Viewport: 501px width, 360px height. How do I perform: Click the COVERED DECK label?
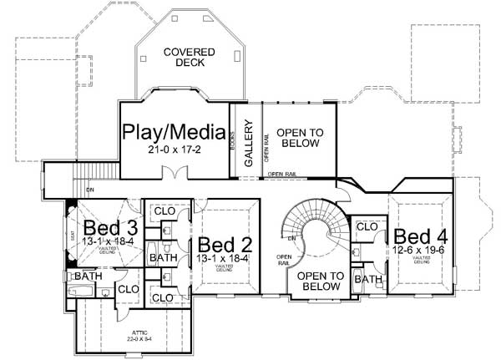click(189, 58)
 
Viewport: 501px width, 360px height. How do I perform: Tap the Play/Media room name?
click(174, 132)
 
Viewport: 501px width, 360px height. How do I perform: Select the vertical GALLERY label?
click(248, 142)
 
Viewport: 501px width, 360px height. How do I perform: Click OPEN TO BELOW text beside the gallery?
click(300, 138)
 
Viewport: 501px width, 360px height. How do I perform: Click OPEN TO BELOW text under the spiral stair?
click(321, 281)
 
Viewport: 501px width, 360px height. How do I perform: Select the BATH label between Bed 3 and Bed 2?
click(162, 260)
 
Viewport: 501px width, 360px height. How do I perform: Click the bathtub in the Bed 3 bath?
click(84, 292)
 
